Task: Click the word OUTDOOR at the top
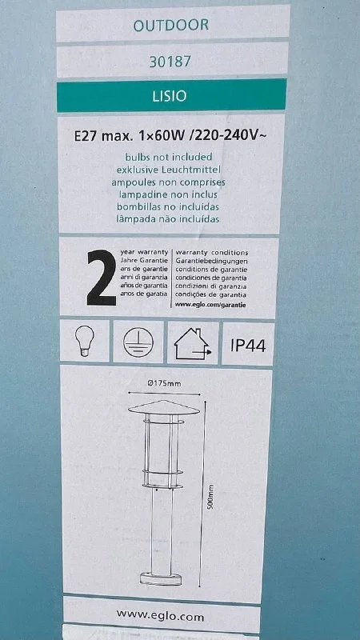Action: pyautogui.click(x=171, y=25)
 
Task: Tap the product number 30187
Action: pyautogui.click(x=170, y=62)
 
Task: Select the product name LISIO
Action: pyautogui.click(x=170, y=96)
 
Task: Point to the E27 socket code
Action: pyautogui.click(x=86, y=136)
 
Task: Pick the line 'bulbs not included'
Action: pyautogui.click(x=168, y=157)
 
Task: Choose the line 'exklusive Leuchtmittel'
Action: pyautogui.click(x=169, y=169)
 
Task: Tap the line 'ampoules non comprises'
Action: pyautogui.click(x=168, y=182)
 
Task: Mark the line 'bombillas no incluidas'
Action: pyautogui.click(x=168, y=206)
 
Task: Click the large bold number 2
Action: pyautogui.click(x=102, y=278)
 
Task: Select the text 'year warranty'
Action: pyautogui.click(x=145, y=253)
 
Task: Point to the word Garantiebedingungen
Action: pyautogui.click(x=211, y=262)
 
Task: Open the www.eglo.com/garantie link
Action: pyautogui.click(x=210, y=304)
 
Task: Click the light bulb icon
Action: pyautogui.click(x=85, y=342)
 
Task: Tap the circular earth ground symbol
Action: pyautogui.click(x=138, y=342)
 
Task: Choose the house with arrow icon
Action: pyautogui.click(x=193, y=344)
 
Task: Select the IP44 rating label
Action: pyautogui.click(x=248, y=346)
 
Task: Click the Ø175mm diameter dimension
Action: pyautogui.click(x=164, y=383)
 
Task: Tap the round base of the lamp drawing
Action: pyautogui.click(x=161, y=578)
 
